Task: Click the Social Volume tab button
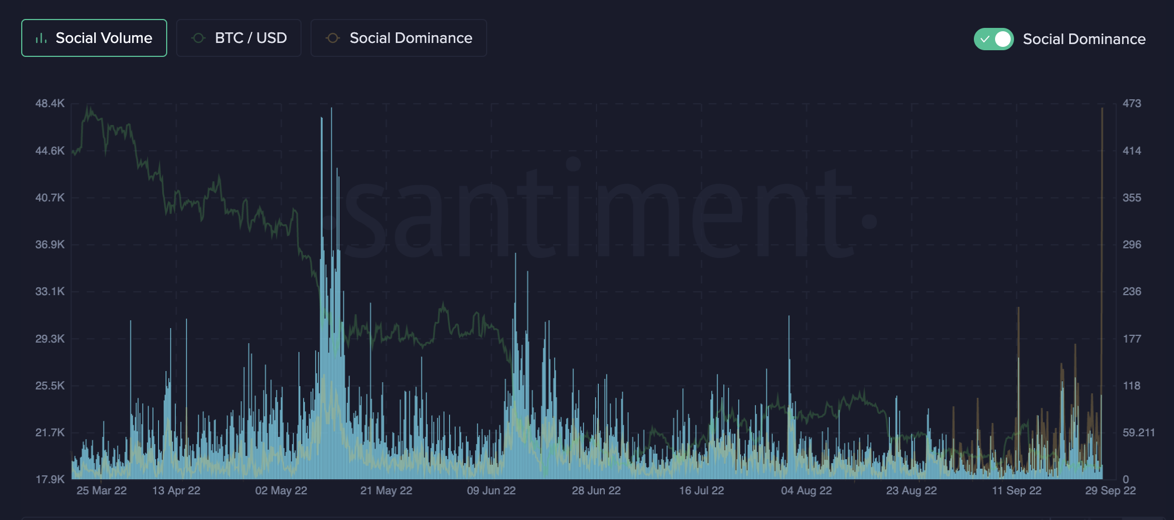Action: pyautogui.click(x=94, y=38)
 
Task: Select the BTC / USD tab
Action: pyautogui.click(x=239, y=38)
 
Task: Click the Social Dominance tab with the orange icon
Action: pyautogui.click(x=399, y=38)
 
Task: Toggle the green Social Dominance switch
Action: pyautogui.click(x=993, y=39)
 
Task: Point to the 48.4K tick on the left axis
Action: pyautogui.click(x=50, y=103)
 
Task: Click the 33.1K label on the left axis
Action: pyautogui.click(x=50, y=291)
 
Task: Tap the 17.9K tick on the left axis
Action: pyautogui.click(x=50, y=479)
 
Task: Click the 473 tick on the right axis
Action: pyautogui.click(x=1132, y=103)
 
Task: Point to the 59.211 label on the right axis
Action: pyautogui.click(x=1138, y=432)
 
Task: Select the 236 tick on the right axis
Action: pyautogui.click(x=1132, y=291)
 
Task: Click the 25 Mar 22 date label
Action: pyautogui.click(x=101, y=490)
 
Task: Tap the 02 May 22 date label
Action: pyautogui.click(x=281, y=490)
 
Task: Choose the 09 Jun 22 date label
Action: pyautogui.click(x=491, y=490)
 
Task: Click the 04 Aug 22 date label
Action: pyautogui.click(x=806, y=490)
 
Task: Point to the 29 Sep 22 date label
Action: pyautogui.click(x=1110, y=490)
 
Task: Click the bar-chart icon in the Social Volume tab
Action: pyautogui.click(x=41, y=38)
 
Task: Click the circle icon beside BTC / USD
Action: pyautogui.click(x=198, y=38)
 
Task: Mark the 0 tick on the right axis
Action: pyautogui.click(x=1126, y=479)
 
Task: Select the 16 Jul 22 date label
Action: pyautogui.click(x=701, y=490)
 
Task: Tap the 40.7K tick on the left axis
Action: pyautogui.click(x=50, y=198)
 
